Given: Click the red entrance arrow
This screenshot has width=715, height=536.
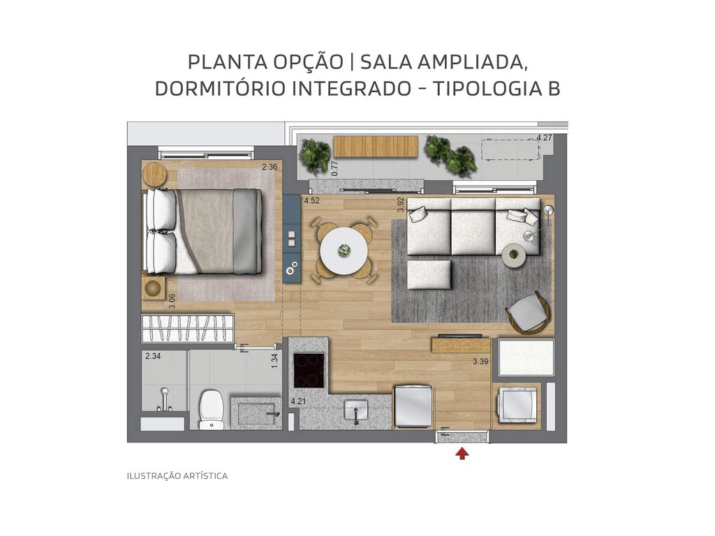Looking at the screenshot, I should pos(462,454).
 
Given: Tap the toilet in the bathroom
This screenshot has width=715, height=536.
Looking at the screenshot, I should pos(210,408).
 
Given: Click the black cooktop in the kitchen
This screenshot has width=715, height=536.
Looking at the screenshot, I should pos(309,371).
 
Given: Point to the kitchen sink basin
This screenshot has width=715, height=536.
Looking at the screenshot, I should pos(356,410).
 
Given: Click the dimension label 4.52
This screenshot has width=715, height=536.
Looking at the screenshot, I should pos(311,201).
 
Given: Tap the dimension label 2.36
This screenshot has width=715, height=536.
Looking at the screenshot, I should pos(270,167).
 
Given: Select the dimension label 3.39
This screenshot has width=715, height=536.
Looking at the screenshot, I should pos(480,362).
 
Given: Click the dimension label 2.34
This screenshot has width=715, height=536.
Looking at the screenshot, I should pos(153,357).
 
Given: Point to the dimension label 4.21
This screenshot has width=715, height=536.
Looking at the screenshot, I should pos(298,401).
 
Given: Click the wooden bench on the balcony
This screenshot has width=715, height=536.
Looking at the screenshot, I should pos(376,146).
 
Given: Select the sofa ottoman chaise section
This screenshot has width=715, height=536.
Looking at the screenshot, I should pos(429,274).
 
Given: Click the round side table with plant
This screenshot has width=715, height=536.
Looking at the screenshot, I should pos(514,255).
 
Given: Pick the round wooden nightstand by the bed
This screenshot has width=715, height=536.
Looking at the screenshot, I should pos(154,174).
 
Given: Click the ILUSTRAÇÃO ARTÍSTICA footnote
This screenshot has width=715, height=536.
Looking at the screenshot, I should pos(177,476).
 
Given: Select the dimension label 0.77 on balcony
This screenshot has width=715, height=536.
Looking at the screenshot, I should pos(334,167).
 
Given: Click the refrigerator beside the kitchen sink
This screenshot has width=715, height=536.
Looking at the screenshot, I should pos(413,406).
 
